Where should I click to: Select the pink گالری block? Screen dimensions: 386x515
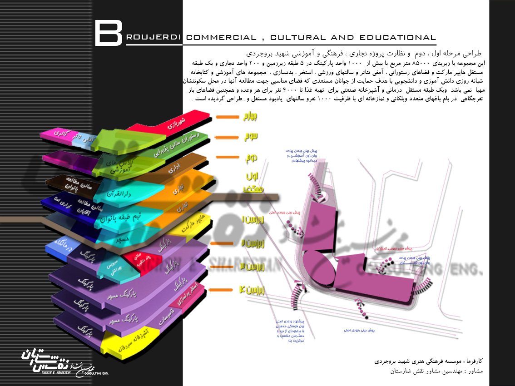tap(57, 134)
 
